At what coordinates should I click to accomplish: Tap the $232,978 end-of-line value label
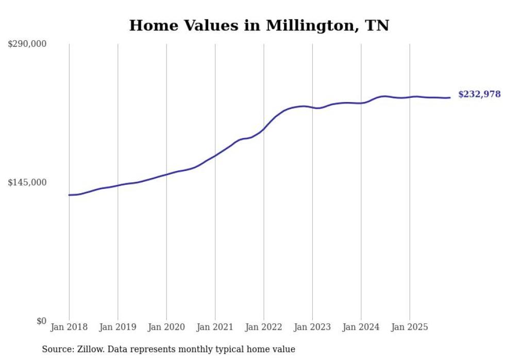[x=479, y=94]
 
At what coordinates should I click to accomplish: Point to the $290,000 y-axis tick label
[x=27, y=44]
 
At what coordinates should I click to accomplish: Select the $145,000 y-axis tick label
[x=27, y=182]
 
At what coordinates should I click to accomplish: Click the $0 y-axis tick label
[x=41, y=321]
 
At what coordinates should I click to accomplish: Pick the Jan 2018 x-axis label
[x=69, y=327]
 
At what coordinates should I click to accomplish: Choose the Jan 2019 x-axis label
[x=117, y=327]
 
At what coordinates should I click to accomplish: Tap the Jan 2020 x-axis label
[x=166, y=327]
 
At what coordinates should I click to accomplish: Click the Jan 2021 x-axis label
[x=215, y=327]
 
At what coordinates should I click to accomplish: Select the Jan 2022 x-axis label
[x=264, y=327]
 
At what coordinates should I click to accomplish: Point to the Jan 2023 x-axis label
[x=312, y=327]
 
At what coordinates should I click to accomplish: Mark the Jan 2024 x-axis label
[x=361, y=327]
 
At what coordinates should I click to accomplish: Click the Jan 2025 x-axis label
[x=410, y=327]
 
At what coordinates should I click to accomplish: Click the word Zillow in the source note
[x=88, y=349]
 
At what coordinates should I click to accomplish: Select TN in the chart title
[x=379, y=26]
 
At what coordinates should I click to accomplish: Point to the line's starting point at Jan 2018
[x=69, y=195]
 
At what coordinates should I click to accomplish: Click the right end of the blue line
[x=450, y=97]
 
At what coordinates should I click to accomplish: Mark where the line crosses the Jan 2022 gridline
[x=264, y=129]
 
